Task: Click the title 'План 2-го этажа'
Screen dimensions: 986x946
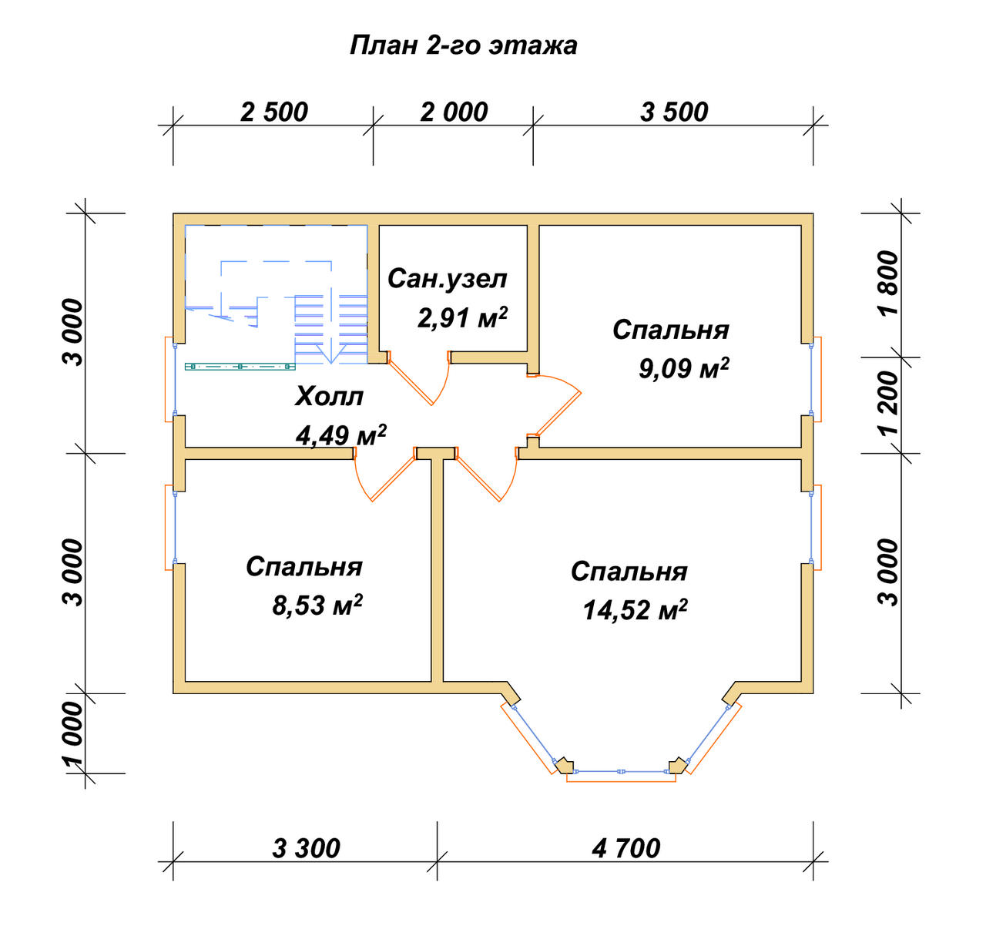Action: pos(463,46)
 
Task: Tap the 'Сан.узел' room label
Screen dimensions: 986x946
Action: pos(448,279)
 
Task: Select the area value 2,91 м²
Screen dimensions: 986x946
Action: pos(462,317)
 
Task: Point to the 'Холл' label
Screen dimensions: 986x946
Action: pos(329,396)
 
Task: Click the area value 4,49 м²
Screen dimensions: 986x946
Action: pos(341,435)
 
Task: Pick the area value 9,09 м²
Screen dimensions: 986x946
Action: pos(683,367)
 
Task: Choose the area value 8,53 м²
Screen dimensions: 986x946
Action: pos(317,605)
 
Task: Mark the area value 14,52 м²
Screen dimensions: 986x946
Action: pos(635,609)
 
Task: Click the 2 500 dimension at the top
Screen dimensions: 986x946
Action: pos(273,112)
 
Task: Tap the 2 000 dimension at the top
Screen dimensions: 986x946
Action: pos(454,112)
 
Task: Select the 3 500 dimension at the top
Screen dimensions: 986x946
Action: pos(674,112)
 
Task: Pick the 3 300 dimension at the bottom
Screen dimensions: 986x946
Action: pos(306,848)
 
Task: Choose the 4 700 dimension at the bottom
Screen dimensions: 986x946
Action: pos(626,848)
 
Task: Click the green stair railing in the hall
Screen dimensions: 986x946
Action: pos(240,367)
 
